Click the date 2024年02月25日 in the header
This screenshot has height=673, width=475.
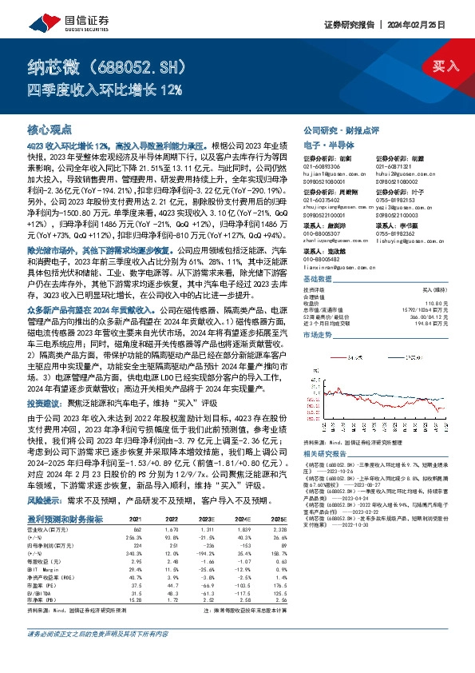[429, 24]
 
